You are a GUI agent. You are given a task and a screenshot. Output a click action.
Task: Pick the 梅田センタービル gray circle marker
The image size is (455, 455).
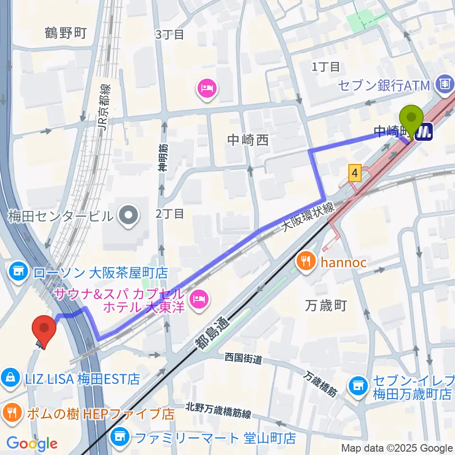pos(128,216)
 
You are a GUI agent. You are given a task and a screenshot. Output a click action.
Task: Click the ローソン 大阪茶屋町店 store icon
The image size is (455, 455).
pos(18,272)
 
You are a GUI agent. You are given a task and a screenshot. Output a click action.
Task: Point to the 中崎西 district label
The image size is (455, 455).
pos(247,140)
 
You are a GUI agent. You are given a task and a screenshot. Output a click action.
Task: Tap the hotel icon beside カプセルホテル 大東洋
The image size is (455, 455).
pos(198,299)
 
